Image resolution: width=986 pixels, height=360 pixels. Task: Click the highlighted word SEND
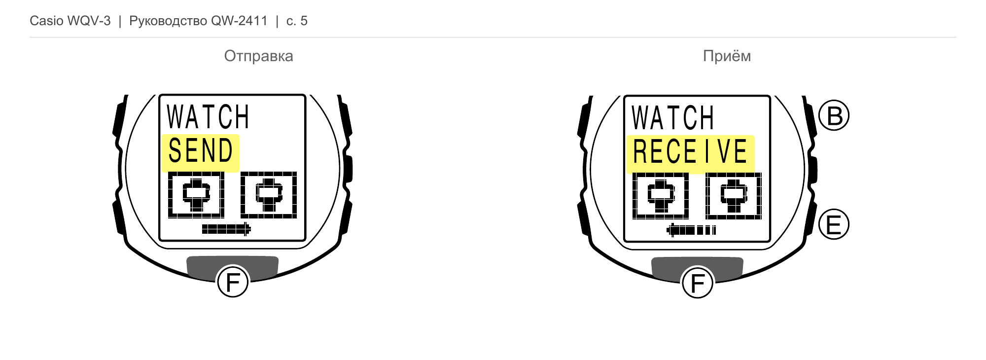200,150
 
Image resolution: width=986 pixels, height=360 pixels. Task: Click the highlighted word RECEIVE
690,151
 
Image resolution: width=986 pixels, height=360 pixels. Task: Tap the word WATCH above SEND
208,117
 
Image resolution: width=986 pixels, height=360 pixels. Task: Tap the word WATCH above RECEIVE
672,118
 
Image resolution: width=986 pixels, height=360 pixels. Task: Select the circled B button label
834,115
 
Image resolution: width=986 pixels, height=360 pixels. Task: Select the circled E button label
834,224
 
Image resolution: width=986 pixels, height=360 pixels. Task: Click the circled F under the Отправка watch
233,282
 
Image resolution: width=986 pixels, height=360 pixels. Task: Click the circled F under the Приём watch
697,283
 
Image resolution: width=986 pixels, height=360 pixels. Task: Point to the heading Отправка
258,56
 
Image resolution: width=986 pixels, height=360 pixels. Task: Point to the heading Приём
727,56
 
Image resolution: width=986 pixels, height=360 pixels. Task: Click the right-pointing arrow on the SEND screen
226,229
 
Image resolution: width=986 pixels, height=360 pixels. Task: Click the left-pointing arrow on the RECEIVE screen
691,230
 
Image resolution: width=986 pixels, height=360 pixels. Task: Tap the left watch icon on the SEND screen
196,195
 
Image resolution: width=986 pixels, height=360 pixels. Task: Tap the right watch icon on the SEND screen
269,195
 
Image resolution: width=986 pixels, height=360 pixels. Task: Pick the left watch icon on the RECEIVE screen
661,196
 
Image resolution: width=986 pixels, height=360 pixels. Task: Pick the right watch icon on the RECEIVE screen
734,196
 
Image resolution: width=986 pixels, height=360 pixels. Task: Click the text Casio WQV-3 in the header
70,21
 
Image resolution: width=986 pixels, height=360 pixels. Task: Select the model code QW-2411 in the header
239,21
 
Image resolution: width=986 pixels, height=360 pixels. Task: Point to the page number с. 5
297,21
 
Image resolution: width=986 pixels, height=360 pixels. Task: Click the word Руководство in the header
168,21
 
